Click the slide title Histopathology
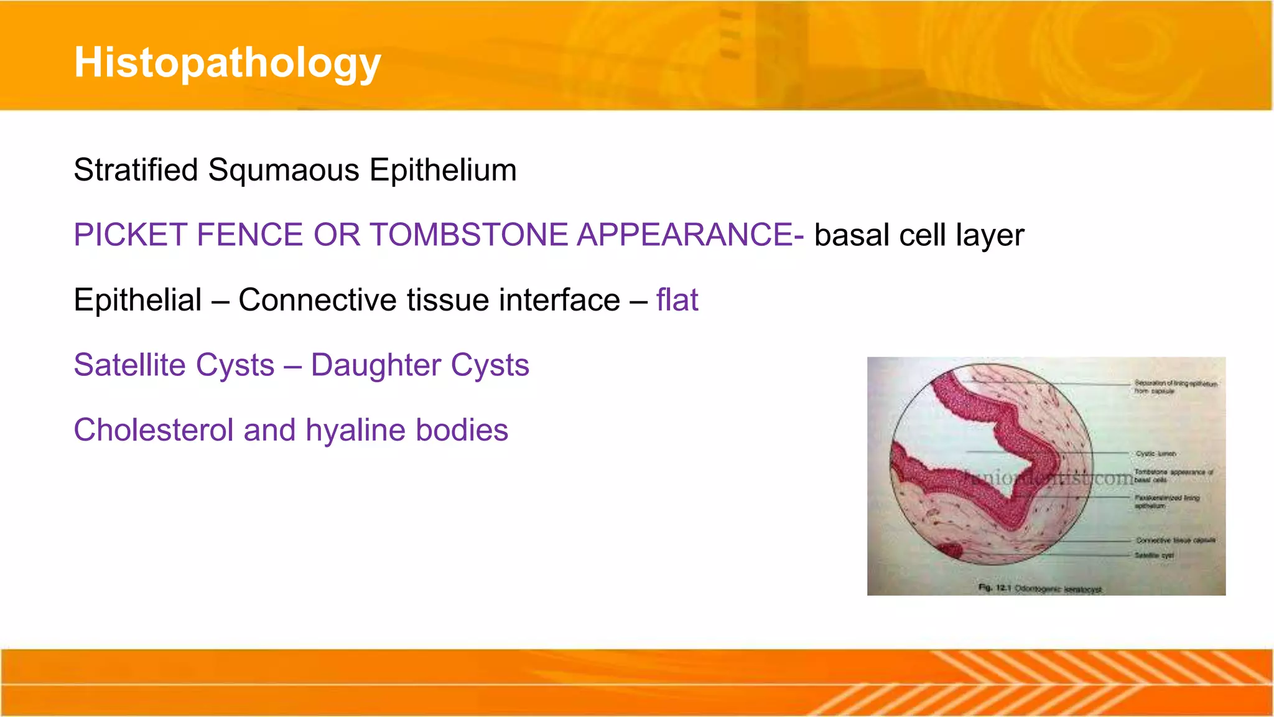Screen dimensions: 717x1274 pyautogui.click(x=227, y=63)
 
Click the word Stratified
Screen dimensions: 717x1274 pyautogui.click(x=136, y=170)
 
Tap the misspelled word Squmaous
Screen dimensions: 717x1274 pyautogui.click(x=284, y=170)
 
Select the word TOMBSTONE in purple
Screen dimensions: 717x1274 pyautogui.click(x=470, y=235)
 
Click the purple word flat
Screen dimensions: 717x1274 pyautogui.click(x=677, y=300)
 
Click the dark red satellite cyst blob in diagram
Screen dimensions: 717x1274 pyautogui.click(x=950, y=550)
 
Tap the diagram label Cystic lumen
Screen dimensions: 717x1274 pyautogui.click(x=1156, y=454)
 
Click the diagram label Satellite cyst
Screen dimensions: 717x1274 pyautogui.click(x=1154, y=555)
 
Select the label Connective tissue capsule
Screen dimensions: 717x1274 pyautogui.click(x=1175, y=540)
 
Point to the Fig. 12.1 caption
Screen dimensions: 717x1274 pyautogui.click(x=1039, y=588)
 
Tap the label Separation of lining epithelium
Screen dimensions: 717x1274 pyautogui.click(x=1174, y=387)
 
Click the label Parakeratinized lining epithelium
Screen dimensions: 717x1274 pyautogui.click(x=1166, y=502)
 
